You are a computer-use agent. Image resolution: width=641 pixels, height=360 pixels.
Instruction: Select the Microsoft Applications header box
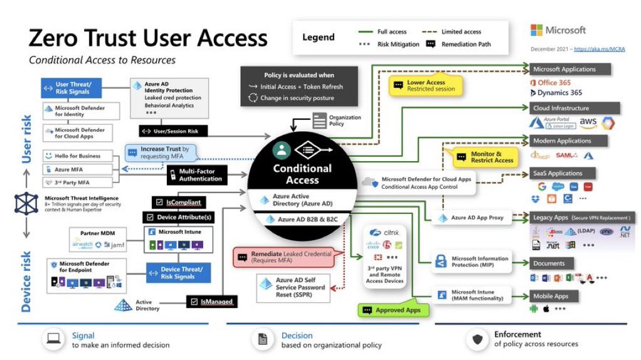pos(569,69)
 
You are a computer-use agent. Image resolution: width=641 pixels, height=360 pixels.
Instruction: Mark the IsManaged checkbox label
pos(211,302)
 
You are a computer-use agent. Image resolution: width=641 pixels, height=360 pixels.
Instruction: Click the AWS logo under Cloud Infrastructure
pos(588,122)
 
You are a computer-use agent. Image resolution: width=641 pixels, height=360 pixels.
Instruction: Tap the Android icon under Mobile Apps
pos(534,309)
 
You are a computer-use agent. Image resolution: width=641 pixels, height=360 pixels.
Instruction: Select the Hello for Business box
pos(72,155)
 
